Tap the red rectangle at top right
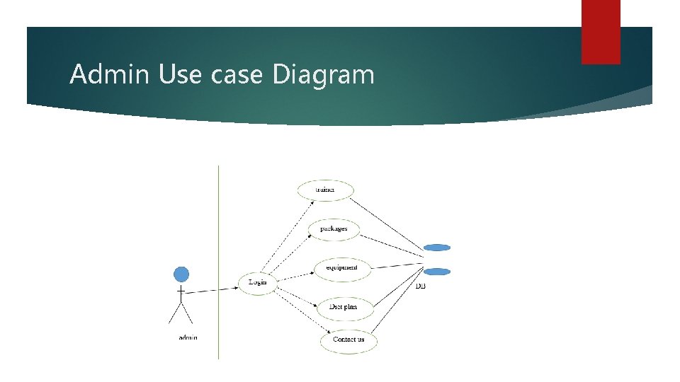click(601, 31)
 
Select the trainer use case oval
click(325, 190)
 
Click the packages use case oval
click(334, 229)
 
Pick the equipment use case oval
click(342, 267)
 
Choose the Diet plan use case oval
click(343, 307)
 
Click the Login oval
click(257, 283)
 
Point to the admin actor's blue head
click(182, 274)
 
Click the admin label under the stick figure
click(188, 337)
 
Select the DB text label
click(421, 286)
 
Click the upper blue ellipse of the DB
click(437, 248)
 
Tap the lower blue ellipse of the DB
click(437, 272)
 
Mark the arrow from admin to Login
click(212, 289)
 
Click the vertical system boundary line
click(218, 262)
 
